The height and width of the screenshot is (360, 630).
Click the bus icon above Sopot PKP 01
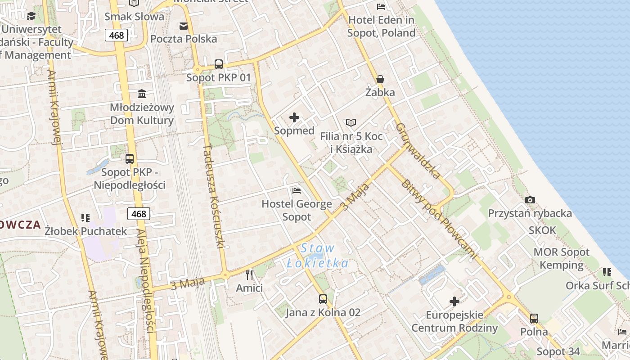[x=219, y=64]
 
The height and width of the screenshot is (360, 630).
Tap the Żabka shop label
[x=380, y=93]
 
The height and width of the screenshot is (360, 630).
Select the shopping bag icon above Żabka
[x=380, y=80]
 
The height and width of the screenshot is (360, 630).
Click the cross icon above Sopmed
[x=294, y=118]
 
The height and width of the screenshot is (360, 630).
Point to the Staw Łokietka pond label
[x=318, y=256]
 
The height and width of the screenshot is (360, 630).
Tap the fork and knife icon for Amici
[x=249, y=274]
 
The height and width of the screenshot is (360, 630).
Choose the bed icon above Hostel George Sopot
[x=296, y=191]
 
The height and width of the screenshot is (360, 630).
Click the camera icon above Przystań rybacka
[x=530, y=200]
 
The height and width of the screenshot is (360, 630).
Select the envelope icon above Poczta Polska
[x=184, y=26]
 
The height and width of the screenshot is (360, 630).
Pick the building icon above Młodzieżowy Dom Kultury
[x=142, y=94]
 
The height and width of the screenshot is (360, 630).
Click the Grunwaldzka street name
[x=418, y=151]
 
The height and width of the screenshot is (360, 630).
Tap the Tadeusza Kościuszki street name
[x=214, y=196]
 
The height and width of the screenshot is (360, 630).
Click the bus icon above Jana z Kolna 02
[x=323, y=299]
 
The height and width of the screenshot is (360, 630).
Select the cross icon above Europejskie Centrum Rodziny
[x=454, y=301]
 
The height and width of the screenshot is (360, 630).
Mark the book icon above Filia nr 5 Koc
[x=351, y=122]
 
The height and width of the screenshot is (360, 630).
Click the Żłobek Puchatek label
[x=86, y=231]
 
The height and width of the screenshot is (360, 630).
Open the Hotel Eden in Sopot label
[x=382, y=26]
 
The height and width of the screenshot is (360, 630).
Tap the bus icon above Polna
[x=534, y=319]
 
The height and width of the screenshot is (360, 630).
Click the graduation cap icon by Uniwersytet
[x=31, y=16]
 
